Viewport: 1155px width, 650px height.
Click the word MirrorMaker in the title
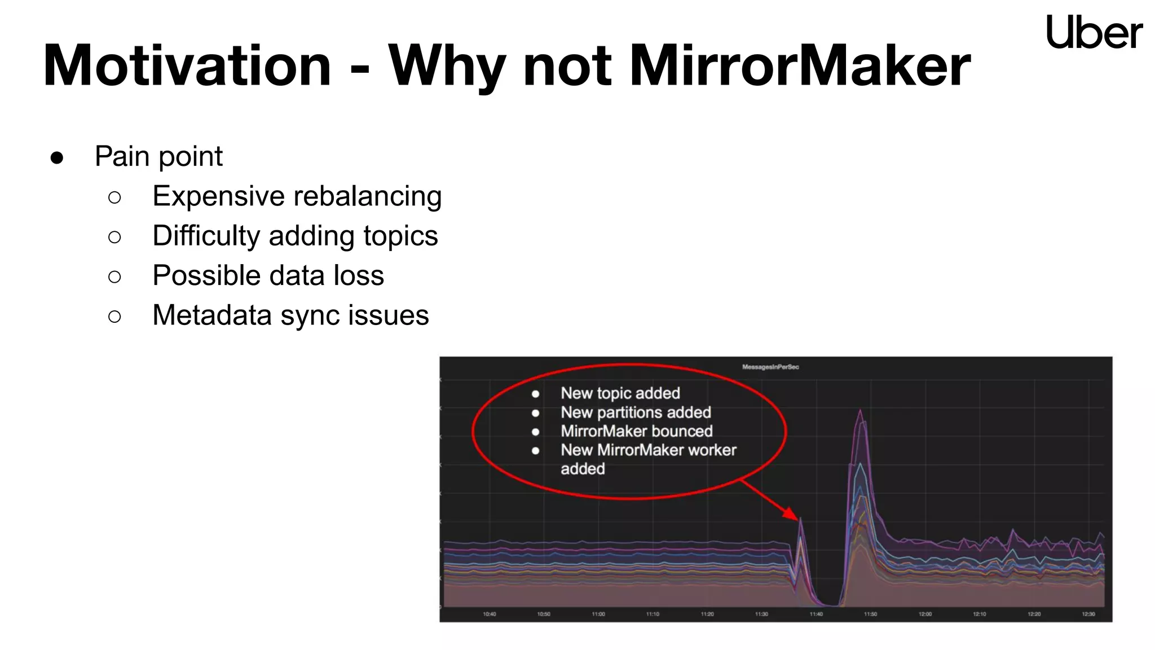pyautogui.click(x=800, y=66)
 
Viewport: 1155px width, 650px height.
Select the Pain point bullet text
pyautogui.click(x=158, y=156)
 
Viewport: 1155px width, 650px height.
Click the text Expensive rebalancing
pyautogui.click(x=297, y=196)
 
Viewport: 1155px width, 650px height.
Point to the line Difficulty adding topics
pyautogui.click(x=295, y=236)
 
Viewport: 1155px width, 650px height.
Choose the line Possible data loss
pyautogui.click(x=268, y=275)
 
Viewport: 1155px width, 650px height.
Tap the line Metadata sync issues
pyautogui.click(x=290, y=315)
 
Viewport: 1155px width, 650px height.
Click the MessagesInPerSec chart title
pyautogui.click(x=770, y=367)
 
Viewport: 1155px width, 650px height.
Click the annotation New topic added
pyautogui.click(x=620, y=393)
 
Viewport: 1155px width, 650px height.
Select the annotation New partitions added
pyautogui.click(x=636, y=412)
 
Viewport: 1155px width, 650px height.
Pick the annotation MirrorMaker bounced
pyautogui.click(x=636, y=431)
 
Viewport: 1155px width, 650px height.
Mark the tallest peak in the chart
pyautogui.click(x=860, y=411)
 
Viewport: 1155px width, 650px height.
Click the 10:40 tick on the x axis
pyautogui.click(x=489, y=614)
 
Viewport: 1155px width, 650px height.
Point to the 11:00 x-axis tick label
pyautogui.click(x=598, y=614)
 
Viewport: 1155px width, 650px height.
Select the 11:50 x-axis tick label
pyautogui.click(x=870, y=614)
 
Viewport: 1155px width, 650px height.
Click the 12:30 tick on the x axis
pyautogui.click(x=1088, y=614)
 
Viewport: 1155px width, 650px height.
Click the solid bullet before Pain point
pyautogui.click(x=56, y=157)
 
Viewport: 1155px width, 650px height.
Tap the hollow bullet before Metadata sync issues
pyautogui.click(x=114, y=317)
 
